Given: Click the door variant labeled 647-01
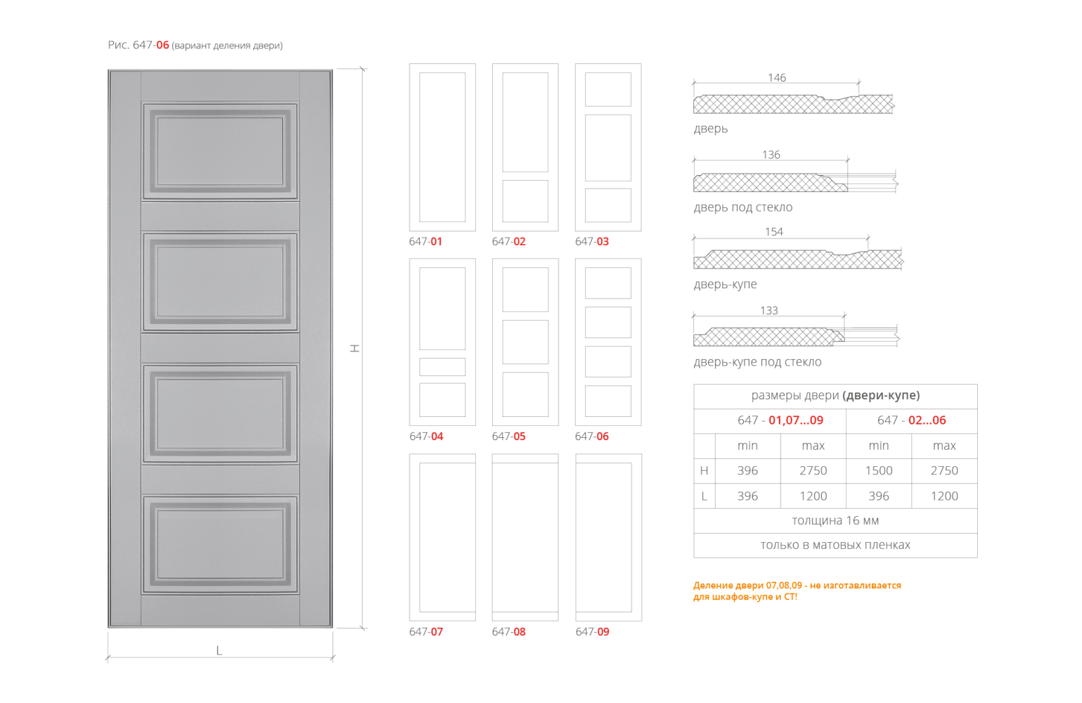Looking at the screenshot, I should (x=442, y=148).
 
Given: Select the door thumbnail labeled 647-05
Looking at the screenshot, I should (x=525, y=342).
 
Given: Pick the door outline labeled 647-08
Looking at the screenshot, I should (x=525, y=537).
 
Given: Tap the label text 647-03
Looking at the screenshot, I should (x=592, y=242).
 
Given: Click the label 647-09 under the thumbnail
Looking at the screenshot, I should (x=592, y=632).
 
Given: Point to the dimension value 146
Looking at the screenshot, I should (x=777, y=78).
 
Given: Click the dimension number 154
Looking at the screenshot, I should (x=773, y=232).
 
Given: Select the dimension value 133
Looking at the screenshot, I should (x=769, y=311).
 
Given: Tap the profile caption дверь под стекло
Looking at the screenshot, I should (x=743, y=207).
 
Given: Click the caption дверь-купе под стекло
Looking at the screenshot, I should (x=757, y=362).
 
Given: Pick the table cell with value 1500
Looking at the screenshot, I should (x=879, y=471).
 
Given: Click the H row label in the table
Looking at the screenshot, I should (x=704, y=471).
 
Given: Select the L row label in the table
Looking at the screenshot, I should (x=704, y=496).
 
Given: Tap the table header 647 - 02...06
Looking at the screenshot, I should (x=911, y=420).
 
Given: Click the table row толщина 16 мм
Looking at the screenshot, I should (x=835, y=521).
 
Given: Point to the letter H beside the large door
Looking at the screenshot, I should (x=355, y=347).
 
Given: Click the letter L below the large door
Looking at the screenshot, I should (x=219, y=651).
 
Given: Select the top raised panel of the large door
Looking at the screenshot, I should (x=220, y=151).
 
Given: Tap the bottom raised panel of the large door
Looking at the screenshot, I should (x=220, y=545).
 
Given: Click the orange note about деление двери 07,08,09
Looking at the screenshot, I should (x=797, y=591).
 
